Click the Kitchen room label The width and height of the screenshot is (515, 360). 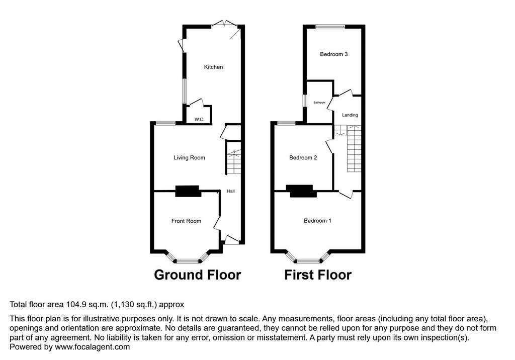213,67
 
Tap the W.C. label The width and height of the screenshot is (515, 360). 199,119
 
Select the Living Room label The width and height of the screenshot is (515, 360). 189,158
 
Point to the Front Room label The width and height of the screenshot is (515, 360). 186,221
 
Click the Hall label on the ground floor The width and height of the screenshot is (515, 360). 231,191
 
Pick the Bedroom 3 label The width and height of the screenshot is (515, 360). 334,54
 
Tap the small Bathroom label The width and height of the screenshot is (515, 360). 319,103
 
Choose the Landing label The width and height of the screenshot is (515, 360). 350,115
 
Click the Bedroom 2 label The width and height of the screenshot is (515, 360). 303,158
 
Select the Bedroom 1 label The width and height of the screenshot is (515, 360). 317,221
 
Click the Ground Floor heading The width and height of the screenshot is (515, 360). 197,275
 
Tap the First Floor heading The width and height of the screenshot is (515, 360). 318,275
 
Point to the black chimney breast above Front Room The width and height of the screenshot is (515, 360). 188,191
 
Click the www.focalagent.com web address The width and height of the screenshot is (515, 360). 93,347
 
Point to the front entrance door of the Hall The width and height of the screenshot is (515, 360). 232,240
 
